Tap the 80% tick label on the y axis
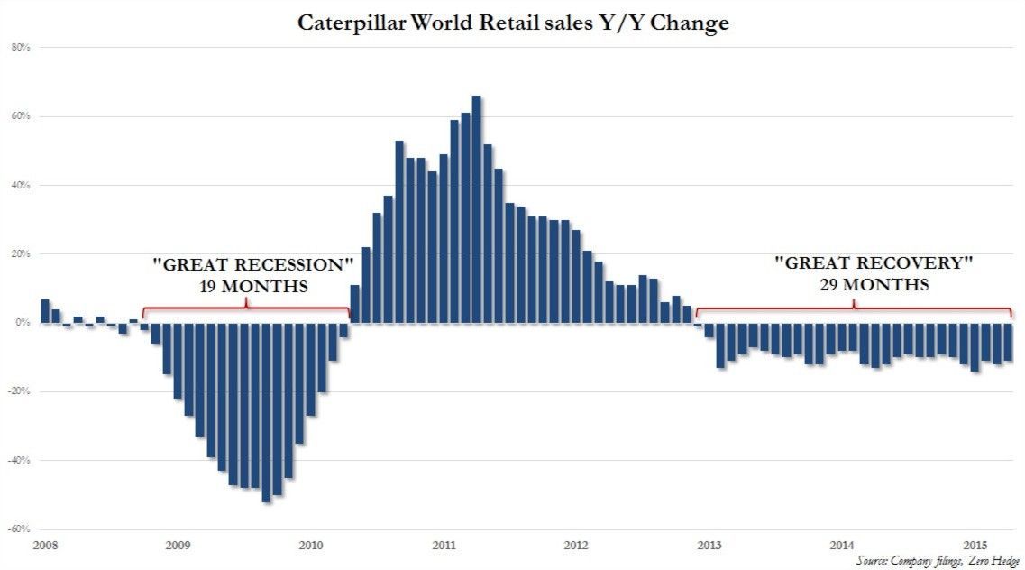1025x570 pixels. point(22,49)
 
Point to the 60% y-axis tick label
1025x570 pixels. point(22,117)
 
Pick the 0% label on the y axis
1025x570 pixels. point(23,323)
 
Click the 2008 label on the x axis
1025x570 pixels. point(45,545)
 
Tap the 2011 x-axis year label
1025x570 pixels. point(443,545)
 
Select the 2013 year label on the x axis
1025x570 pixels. point(709,545)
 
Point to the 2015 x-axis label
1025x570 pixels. point(975,545)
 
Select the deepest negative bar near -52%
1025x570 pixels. point(266,411)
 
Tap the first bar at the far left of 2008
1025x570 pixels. point(45,311)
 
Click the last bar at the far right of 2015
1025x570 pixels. point(1008,343)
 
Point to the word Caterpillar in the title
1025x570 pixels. point(349,23)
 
